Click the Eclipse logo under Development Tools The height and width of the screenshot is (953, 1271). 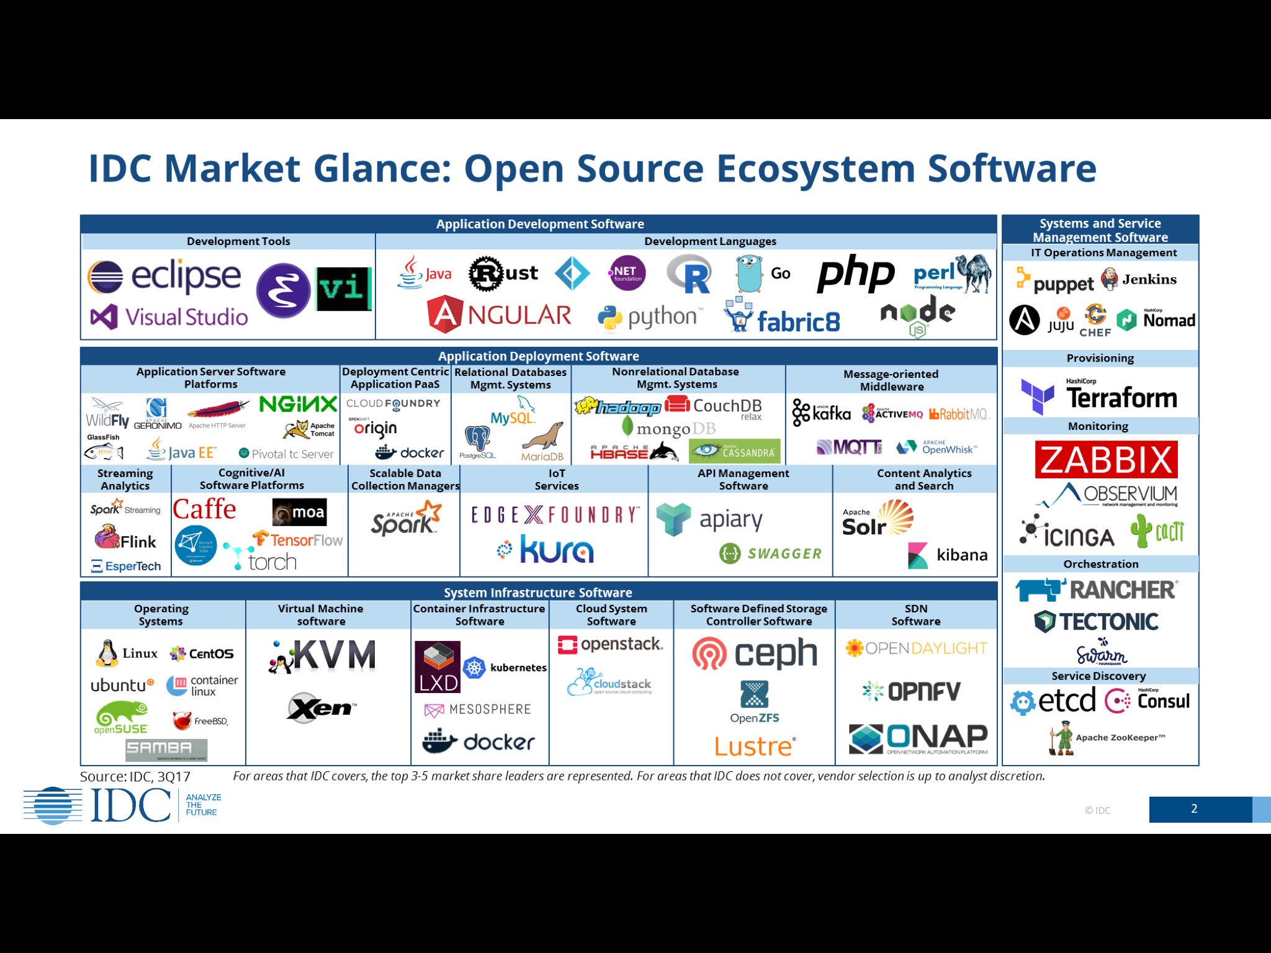tap(164, 276)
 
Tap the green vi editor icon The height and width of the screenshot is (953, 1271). tap(344, 289)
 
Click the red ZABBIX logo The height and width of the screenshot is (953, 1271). tap(1106, 459)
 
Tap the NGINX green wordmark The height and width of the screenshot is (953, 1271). tap(298, 405)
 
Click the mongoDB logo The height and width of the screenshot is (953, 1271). tap(668, 428)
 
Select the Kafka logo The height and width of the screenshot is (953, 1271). tap(821, 413)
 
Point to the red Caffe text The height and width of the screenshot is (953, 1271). tap(204, 509)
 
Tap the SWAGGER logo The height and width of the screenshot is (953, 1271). tap(770, 553)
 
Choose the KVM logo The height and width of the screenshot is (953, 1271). tap(322, 656)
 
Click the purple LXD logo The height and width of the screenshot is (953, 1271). tap(438, 667)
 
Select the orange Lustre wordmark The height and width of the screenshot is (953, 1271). tap(755, 746)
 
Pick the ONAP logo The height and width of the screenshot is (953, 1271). tap(918, 738)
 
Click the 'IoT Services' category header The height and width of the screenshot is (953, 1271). tap(556, 480)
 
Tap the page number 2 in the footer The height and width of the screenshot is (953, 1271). tap(1194, 809)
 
